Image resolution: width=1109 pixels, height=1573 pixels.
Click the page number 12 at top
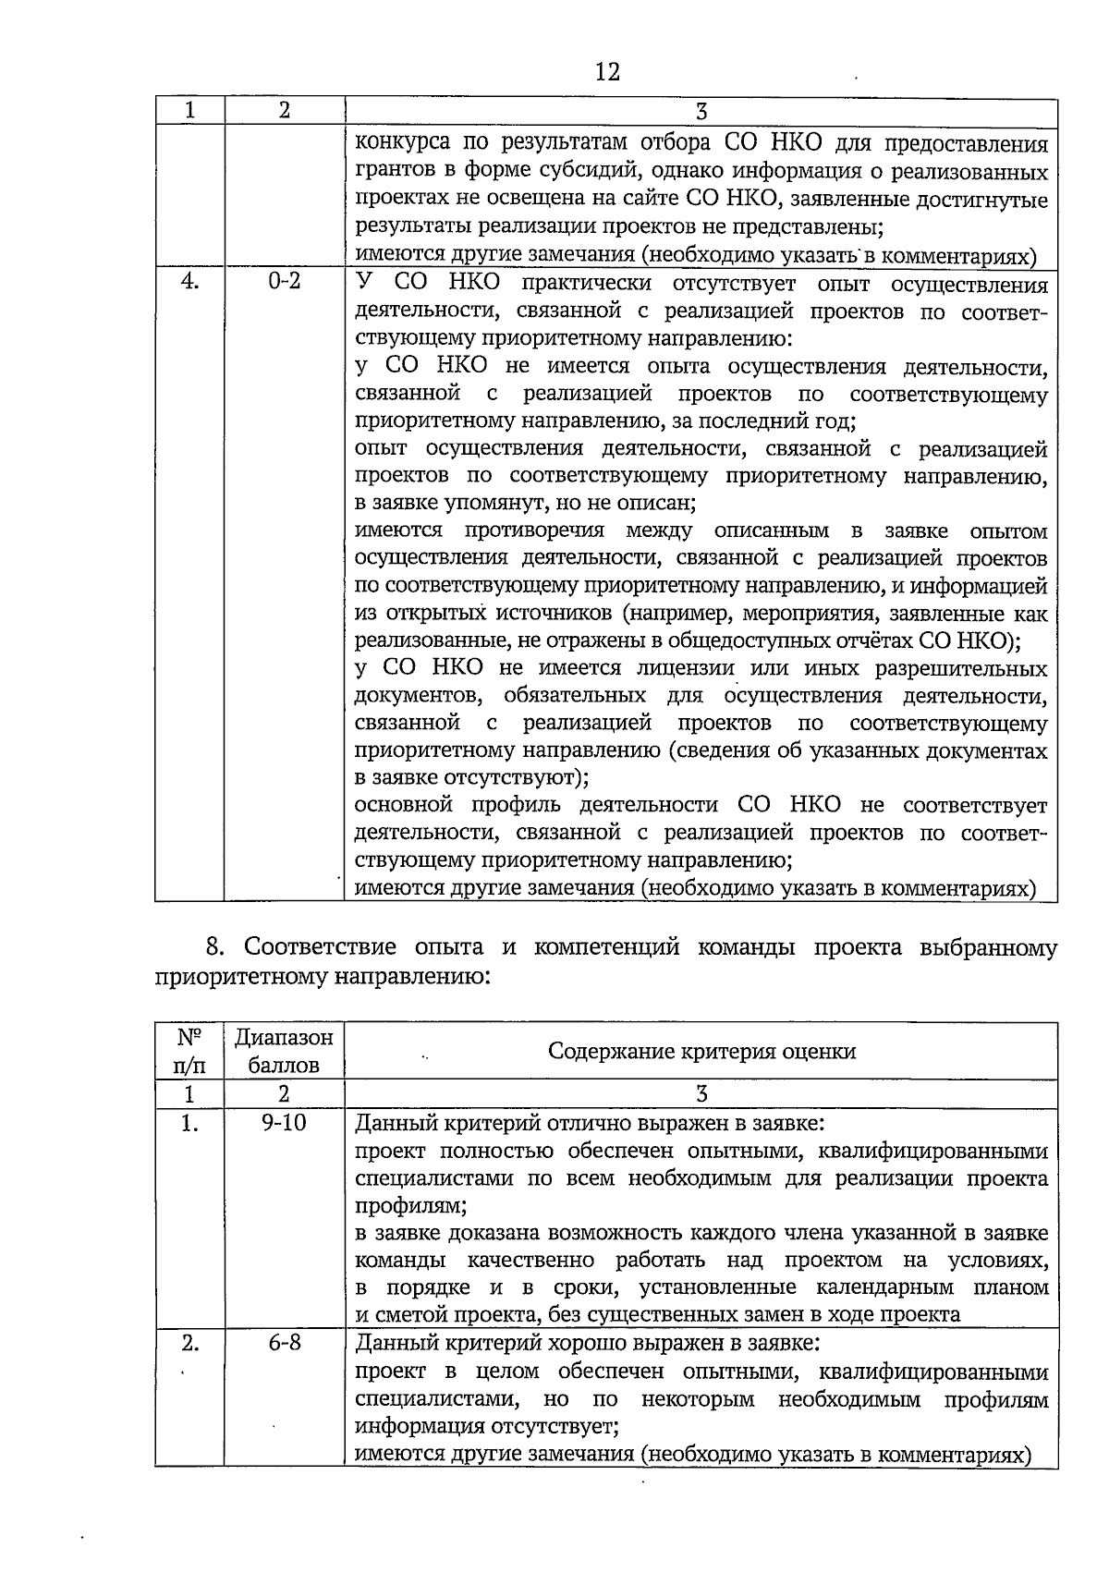607,71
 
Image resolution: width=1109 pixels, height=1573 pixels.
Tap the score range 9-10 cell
284,1123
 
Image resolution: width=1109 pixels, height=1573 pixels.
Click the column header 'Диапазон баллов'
284,1051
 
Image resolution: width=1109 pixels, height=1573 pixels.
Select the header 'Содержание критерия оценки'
701,1051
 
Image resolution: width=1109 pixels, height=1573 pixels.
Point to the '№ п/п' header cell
189,1051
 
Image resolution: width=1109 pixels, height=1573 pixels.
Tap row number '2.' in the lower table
189,1342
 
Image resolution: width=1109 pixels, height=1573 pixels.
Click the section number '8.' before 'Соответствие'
215,947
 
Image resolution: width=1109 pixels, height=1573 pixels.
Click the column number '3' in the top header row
701,111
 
